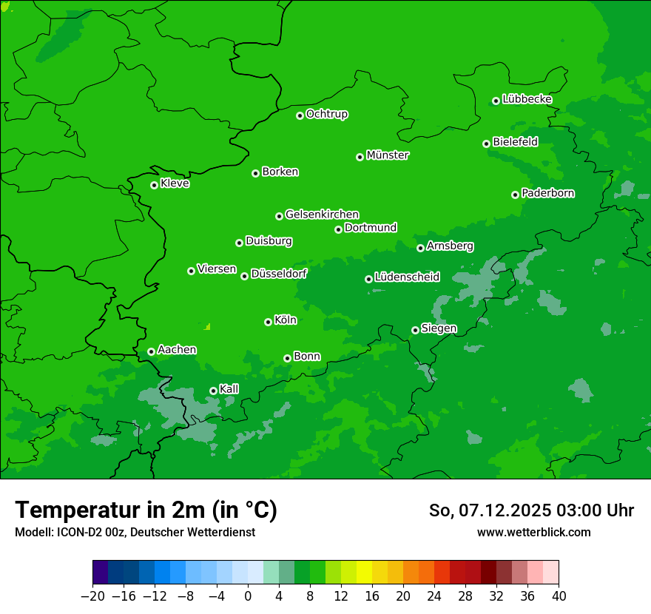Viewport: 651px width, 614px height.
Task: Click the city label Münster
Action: tap(388, 155)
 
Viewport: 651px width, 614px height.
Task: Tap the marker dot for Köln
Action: tap(268, 322)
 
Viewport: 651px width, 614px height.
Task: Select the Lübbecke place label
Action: tap(527, 99)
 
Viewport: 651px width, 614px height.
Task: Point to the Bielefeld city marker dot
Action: tap(486, 144)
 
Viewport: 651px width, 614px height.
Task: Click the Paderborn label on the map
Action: tap(547, 193)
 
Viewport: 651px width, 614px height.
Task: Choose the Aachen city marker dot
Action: tap(151, 351)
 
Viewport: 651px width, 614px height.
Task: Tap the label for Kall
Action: tap(229, 389)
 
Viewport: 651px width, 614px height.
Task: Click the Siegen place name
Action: tap(439, 328)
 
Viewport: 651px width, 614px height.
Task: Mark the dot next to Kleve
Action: tap(154, 185)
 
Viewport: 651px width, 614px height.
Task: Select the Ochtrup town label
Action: tap(327, 114)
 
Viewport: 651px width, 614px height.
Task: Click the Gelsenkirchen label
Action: tap(322, 215)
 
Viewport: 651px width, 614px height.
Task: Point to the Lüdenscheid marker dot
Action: tap(368, 279)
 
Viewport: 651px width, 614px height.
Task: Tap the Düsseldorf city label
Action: tap(279, 274)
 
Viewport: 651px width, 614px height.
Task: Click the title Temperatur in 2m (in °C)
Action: tap(146, 510)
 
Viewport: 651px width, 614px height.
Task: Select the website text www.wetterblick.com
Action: tap(533, 533)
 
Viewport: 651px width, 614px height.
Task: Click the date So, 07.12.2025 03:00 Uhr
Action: tap(531, 510)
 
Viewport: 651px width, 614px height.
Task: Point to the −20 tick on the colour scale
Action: tap(92, 596)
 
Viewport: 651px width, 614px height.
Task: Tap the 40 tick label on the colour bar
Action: tap(559, 596)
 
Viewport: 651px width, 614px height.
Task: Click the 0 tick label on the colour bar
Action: tap(248, 596)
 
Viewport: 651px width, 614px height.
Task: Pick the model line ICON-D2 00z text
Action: tap(134, 533)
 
